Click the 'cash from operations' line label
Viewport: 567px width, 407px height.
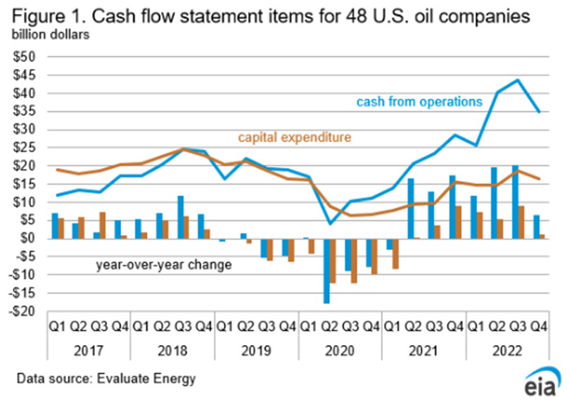click(x=419, y=101)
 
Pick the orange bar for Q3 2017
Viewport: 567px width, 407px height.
click(x=103, y=225)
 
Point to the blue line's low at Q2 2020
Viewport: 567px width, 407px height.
click(x=331, y=224)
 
